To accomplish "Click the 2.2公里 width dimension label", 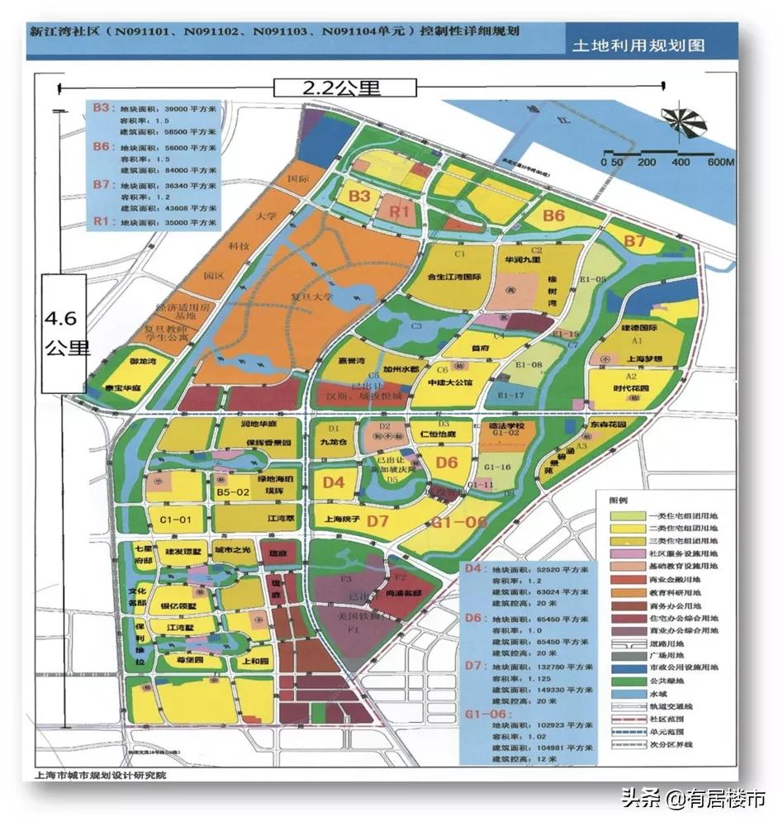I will point(334,87).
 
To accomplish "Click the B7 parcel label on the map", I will point(634,241).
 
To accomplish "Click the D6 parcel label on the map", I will point(447,462).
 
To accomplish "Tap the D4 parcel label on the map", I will point(335,482).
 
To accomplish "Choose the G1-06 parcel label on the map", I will point(459,522).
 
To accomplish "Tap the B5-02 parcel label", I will point(233,493).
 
